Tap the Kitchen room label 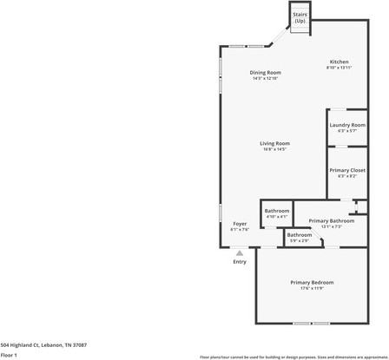click(x=339, y=62)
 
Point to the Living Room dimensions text click(x=274, y=149)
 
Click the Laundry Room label click(x=346, y=125)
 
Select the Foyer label click(x=240, y=224)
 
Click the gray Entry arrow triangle click(x=240, y=252)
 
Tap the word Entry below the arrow click(x=240, y=262)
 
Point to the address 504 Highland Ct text click(x=43, y=344)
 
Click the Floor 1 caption click(x=10, y=355)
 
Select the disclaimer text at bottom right click(x=293, y=357)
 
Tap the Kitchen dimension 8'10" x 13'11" click(x=339, y=68)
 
